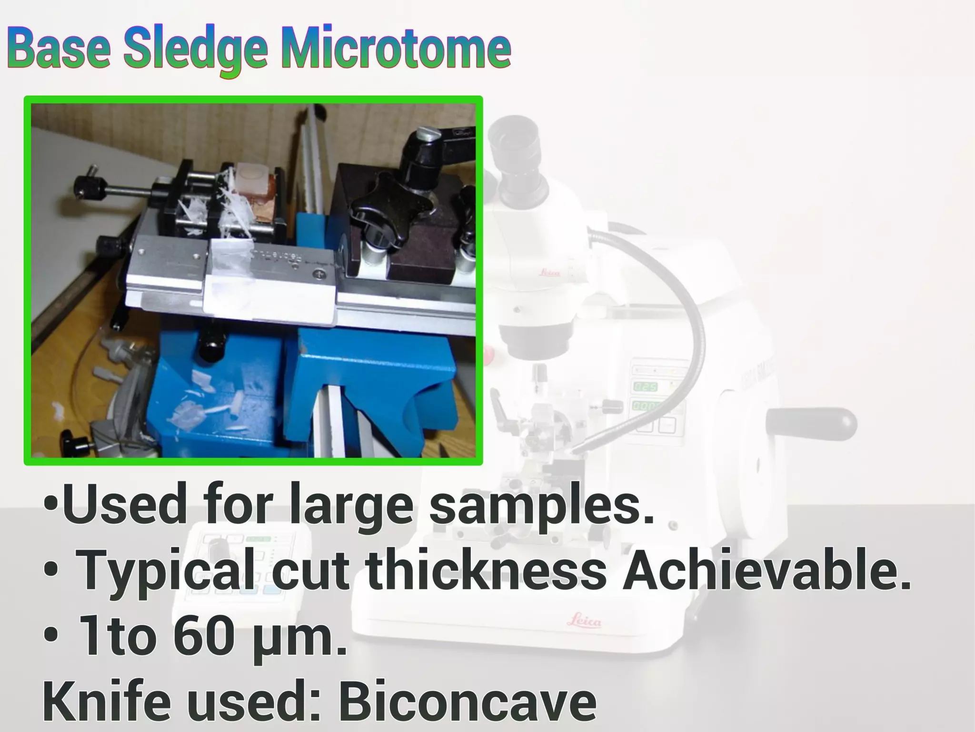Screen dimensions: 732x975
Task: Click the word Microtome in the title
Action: pyautogui.click(x=396, y=49)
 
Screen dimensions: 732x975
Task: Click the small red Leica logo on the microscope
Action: pyautogui.click(x=550, y=273)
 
